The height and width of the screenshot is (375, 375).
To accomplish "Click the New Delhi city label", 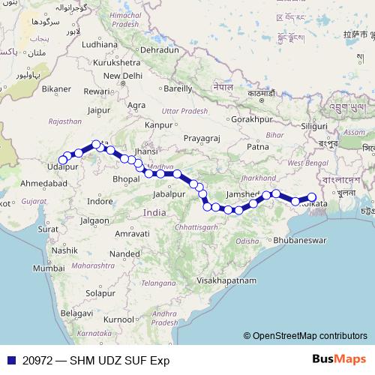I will click(x=122, y=76).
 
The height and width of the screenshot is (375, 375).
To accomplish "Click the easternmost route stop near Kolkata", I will click(x=312, y=197).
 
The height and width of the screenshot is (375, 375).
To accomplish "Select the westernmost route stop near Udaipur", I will click(x=62, y=159).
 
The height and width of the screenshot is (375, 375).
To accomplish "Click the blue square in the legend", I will click(x=10, y=361).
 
